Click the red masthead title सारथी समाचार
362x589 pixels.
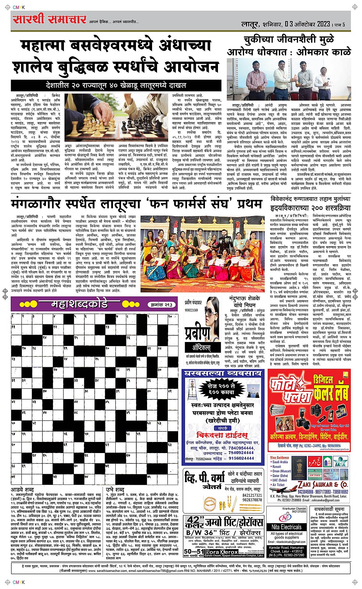[x=49, y=19]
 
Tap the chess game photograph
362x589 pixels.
[x=116, y=118]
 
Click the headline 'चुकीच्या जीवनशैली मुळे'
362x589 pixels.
[x=289, y=39]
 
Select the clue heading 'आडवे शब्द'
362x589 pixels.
[x=22, y=489]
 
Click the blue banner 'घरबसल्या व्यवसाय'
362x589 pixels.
[x=223, y=373]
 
